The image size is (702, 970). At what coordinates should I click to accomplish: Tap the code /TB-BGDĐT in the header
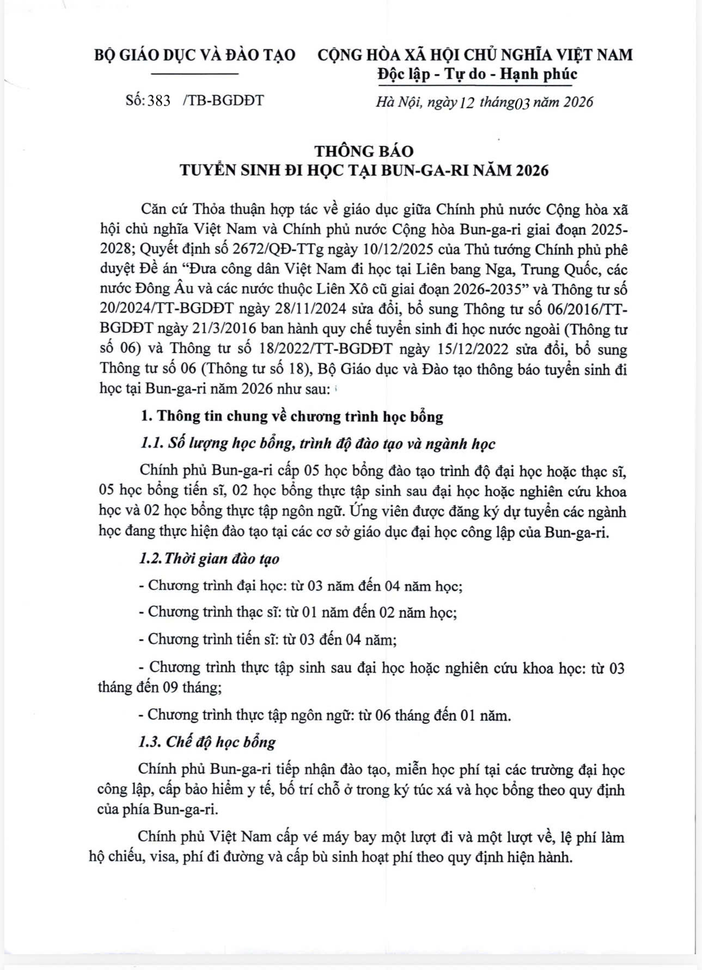tap(224, 101)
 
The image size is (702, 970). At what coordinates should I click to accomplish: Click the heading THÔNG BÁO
tap(364, 151)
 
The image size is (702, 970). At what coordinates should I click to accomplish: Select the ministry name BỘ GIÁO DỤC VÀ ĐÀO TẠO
tap(195, 55)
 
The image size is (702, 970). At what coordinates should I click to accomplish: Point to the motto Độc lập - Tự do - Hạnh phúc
tap(477, 74)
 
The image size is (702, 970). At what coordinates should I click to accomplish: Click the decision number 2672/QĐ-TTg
tap(280, 249)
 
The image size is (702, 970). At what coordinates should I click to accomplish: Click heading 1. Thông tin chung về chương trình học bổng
tap(292, 417)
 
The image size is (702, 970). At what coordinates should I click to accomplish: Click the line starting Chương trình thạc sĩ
tap(298, 612)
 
